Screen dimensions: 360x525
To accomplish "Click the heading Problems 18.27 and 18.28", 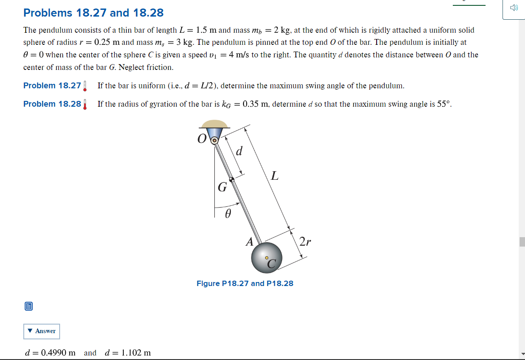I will coord(93,13).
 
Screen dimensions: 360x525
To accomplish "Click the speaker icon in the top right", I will coord(513,8).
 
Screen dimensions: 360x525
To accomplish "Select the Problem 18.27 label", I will coord(52,86).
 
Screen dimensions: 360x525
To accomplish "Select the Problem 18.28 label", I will coord(52,104).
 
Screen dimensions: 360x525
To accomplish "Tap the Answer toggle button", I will coord(41,331).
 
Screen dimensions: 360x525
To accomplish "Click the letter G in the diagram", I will coord(222,187).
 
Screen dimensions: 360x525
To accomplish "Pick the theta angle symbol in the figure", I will coord(227,215).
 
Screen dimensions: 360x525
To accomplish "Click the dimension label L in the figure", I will coord(274,176).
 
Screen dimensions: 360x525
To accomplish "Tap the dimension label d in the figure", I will coord(239,152).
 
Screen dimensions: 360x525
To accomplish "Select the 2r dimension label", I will coord(305,242).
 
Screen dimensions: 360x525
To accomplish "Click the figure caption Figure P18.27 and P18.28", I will coord(245,283).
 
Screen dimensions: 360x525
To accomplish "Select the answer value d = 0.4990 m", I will coord(50,353).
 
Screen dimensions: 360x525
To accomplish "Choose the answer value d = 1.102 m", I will coord(127,353).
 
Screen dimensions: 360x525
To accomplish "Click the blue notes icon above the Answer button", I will coord(28,307).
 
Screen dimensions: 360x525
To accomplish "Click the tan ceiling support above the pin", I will coord(214,124).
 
